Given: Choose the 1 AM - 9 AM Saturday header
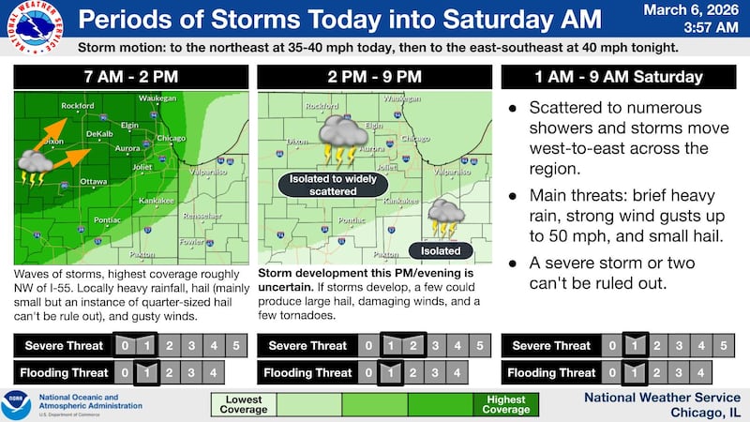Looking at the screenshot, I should click(616, 77).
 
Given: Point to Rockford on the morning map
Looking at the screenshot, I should click(78, 107).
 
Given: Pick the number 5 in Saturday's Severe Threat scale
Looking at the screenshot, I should click(723, 346).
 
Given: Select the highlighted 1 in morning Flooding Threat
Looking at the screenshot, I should click(145, 372).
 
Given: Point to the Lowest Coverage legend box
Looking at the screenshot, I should click(244, 404).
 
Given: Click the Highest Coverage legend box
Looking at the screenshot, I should click(506, 404).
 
